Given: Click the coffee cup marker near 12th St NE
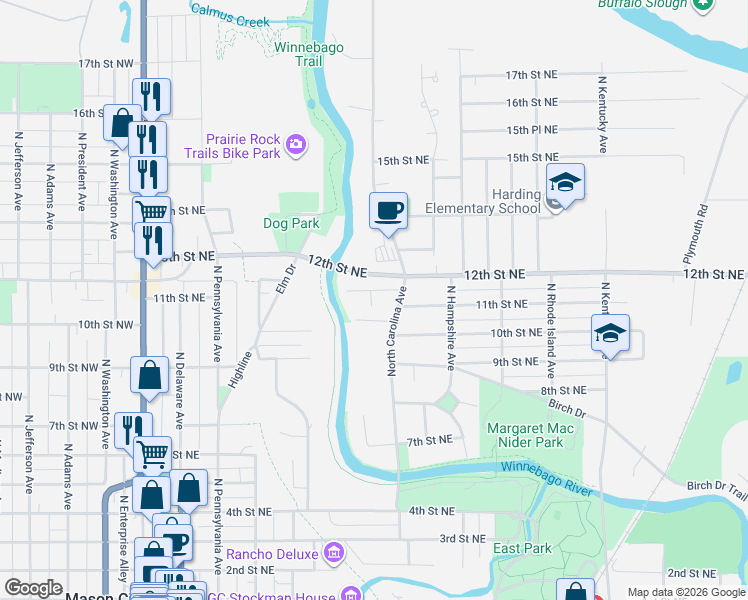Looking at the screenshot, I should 389,211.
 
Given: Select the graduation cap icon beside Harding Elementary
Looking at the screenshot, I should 565,183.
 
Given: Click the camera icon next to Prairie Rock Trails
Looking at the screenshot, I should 295,146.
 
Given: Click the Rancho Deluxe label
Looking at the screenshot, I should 272,553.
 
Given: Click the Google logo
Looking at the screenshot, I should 33,588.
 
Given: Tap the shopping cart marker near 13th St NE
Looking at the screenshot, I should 151,210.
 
